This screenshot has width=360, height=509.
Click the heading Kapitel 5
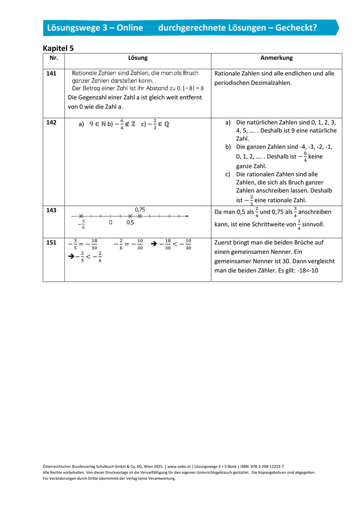(58, 48)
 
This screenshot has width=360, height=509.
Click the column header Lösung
(138, 58)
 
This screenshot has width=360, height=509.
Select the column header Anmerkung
(276, 58)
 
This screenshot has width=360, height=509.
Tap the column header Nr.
(53, 58)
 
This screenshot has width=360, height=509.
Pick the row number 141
(51, 74)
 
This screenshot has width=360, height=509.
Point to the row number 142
(51, 122)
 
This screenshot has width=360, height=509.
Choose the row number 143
(51, 210)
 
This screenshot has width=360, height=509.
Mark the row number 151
(51, 243)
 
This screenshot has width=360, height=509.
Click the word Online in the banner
(129, 27)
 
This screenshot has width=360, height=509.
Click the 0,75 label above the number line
(140, 209)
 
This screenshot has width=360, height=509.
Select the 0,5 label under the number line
(130, 223)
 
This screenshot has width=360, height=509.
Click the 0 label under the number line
(110, 223)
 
